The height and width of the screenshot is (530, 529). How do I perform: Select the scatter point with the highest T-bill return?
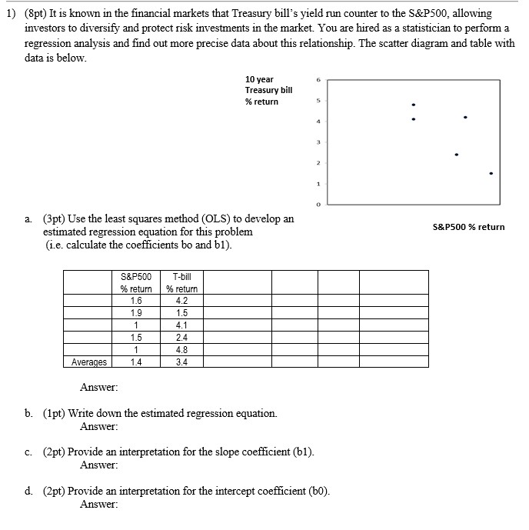click(414, 105)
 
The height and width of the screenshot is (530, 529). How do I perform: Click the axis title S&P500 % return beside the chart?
click(469, 227)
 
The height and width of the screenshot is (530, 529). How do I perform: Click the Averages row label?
click(89, 361)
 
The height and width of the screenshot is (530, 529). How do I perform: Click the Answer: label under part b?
click(98, 426)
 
